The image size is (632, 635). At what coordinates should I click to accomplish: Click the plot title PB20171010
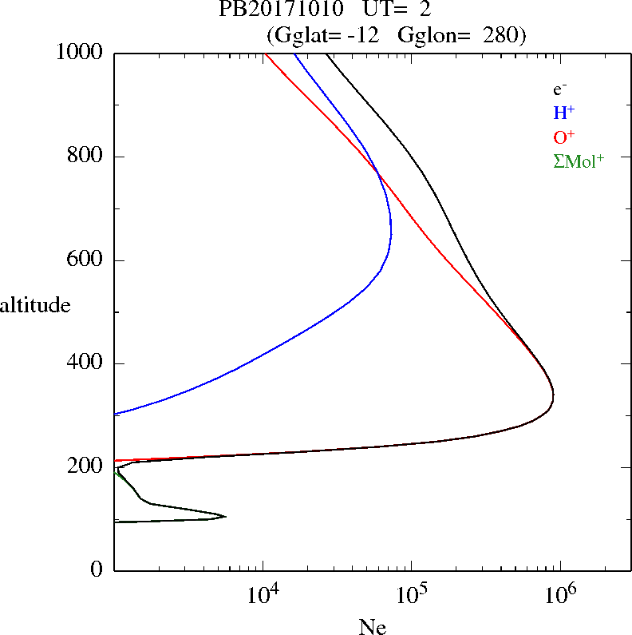[271, 10]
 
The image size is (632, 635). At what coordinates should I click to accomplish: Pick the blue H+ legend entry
[563, 113]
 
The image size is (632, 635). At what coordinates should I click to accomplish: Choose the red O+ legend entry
[564, 137]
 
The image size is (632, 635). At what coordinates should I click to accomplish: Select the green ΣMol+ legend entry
[579, 161]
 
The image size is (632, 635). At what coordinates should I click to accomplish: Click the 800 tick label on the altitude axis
[87, 157]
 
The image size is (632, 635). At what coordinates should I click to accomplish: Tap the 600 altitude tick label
[87, 260]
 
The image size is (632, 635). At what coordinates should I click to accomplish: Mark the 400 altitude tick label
[87, 363]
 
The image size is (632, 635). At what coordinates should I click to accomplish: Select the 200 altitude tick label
[87, 466]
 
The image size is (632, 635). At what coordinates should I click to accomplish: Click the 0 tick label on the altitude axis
[98, 570]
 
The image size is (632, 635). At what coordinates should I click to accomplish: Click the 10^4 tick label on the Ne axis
[263, 594]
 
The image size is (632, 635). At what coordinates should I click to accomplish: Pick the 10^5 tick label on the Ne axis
[411, 594]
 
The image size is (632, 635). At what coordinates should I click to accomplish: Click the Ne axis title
[373, 626]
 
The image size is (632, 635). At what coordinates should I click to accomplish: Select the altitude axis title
[35, 304]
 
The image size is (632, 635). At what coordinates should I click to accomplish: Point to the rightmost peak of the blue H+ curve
[391, 231]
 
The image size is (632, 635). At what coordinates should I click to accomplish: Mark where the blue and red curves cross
[377, 175]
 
